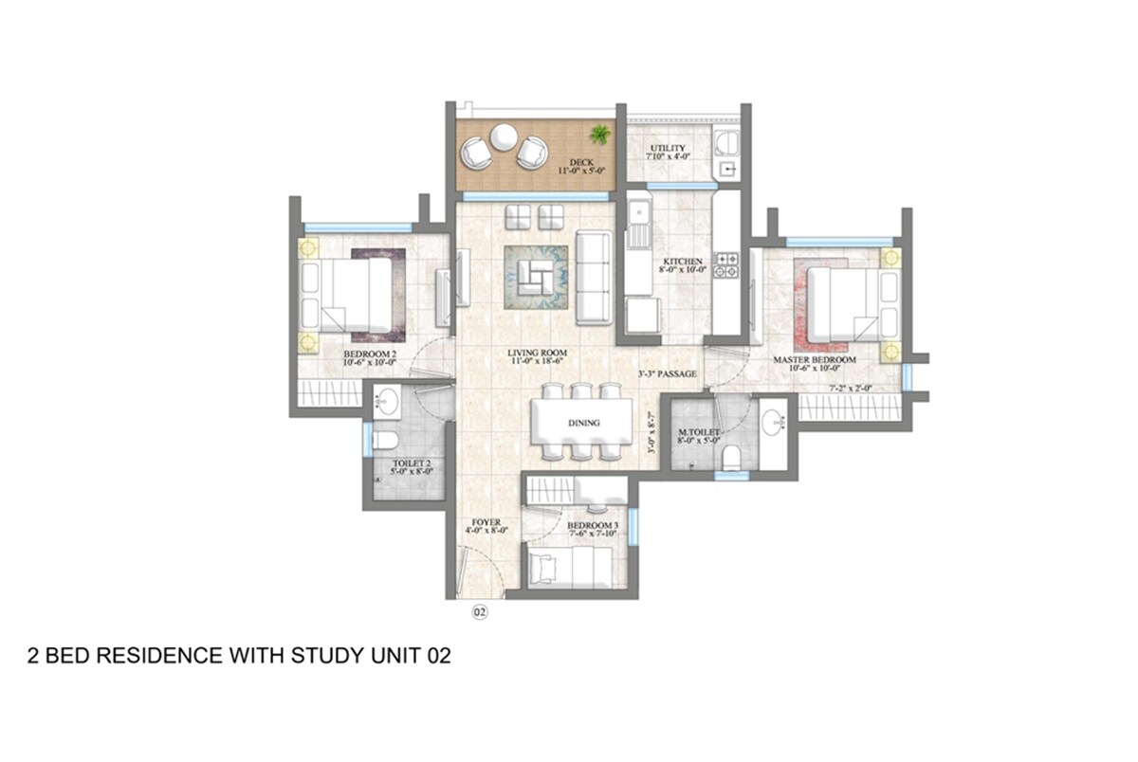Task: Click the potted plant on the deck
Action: click(x=600, y=134)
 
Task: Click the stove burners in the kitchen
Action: click(x=726, y=265)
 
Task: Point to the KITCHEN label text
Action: click(x=683, y=261)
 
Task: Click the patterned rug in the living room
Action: click(x=536, y=277)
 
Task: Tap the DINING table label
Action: click(x=581, y=423)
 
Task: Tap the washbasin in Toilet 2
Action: click(x=386, y=403)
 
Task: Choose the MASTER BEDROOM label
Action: click(x=814, y=360)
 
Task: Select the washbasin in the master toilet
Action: click(x=773, y=421)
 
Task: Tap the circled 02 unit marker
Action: click(x=480, y=612)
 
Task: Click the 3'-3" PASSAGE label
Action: click(x=668, y=374)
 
